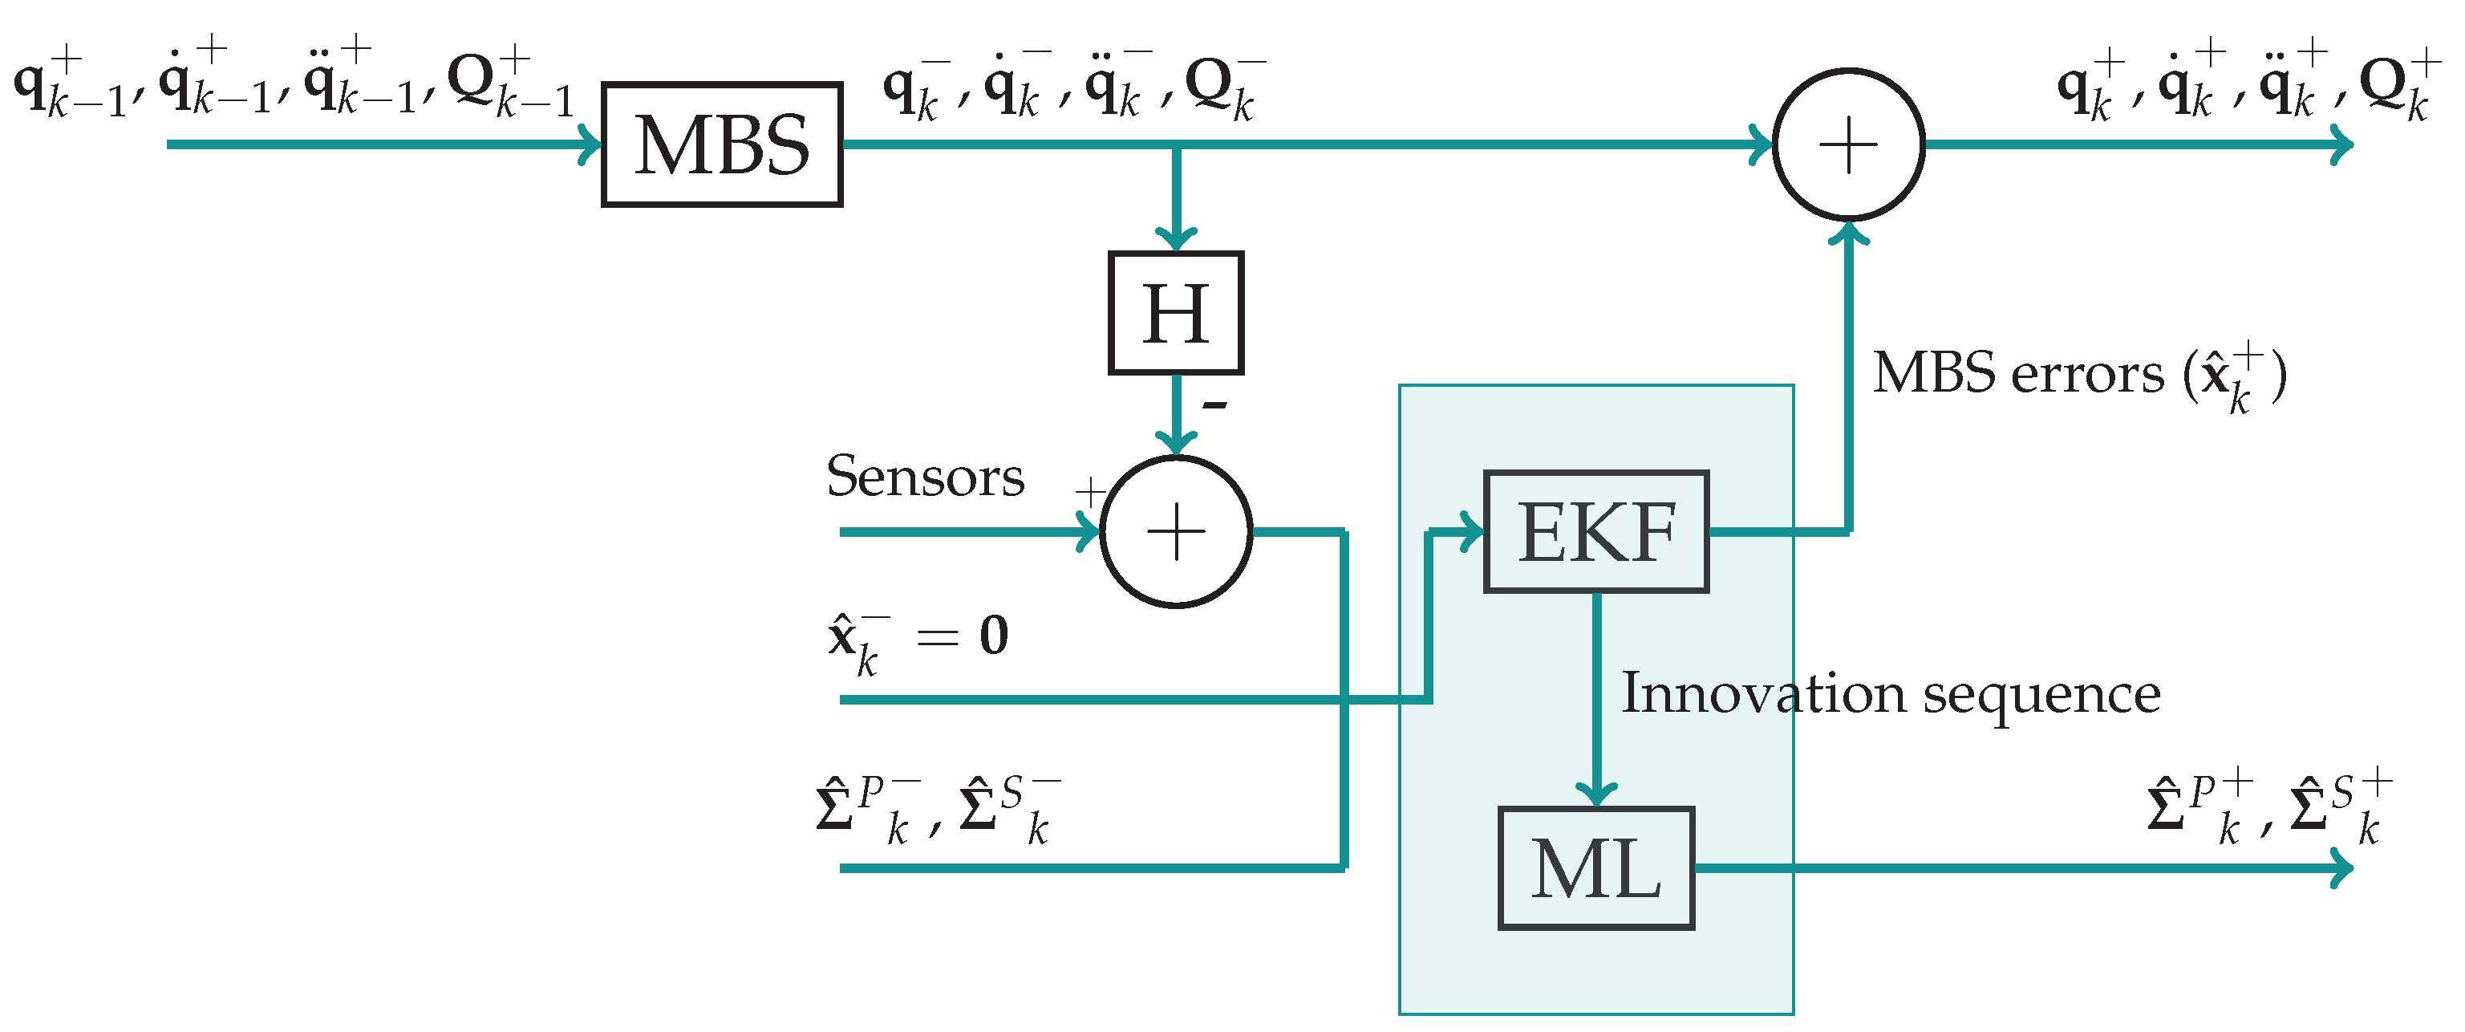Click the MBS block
721,144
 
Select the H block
1175,313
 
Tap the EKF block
1595,531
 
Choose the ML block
1595,867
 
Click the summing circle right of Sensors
1175,531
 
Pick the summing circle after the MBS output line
1848,145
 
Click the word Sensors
924,476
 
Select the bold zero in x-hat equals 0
994,636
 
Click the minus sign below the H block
1214,406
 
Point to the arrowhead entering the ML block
1595,794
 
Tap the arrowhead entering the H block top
1175,239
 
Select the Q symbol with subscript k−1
510,86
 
